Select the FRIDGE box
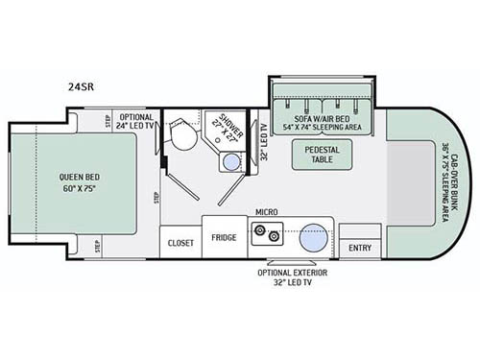tap(225, 237)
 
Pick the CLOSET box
tap(180, 243)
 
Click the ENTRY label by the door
tap(359, 248)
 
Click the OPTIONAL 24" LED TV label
tap(135, 120)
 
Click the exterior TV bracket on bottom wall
tap(291, 263)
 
